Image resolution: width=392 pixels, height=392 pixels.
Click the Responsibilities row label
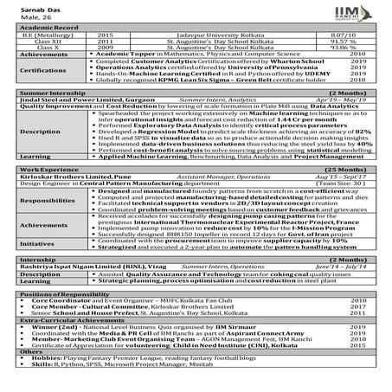(x=42, y=223)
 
